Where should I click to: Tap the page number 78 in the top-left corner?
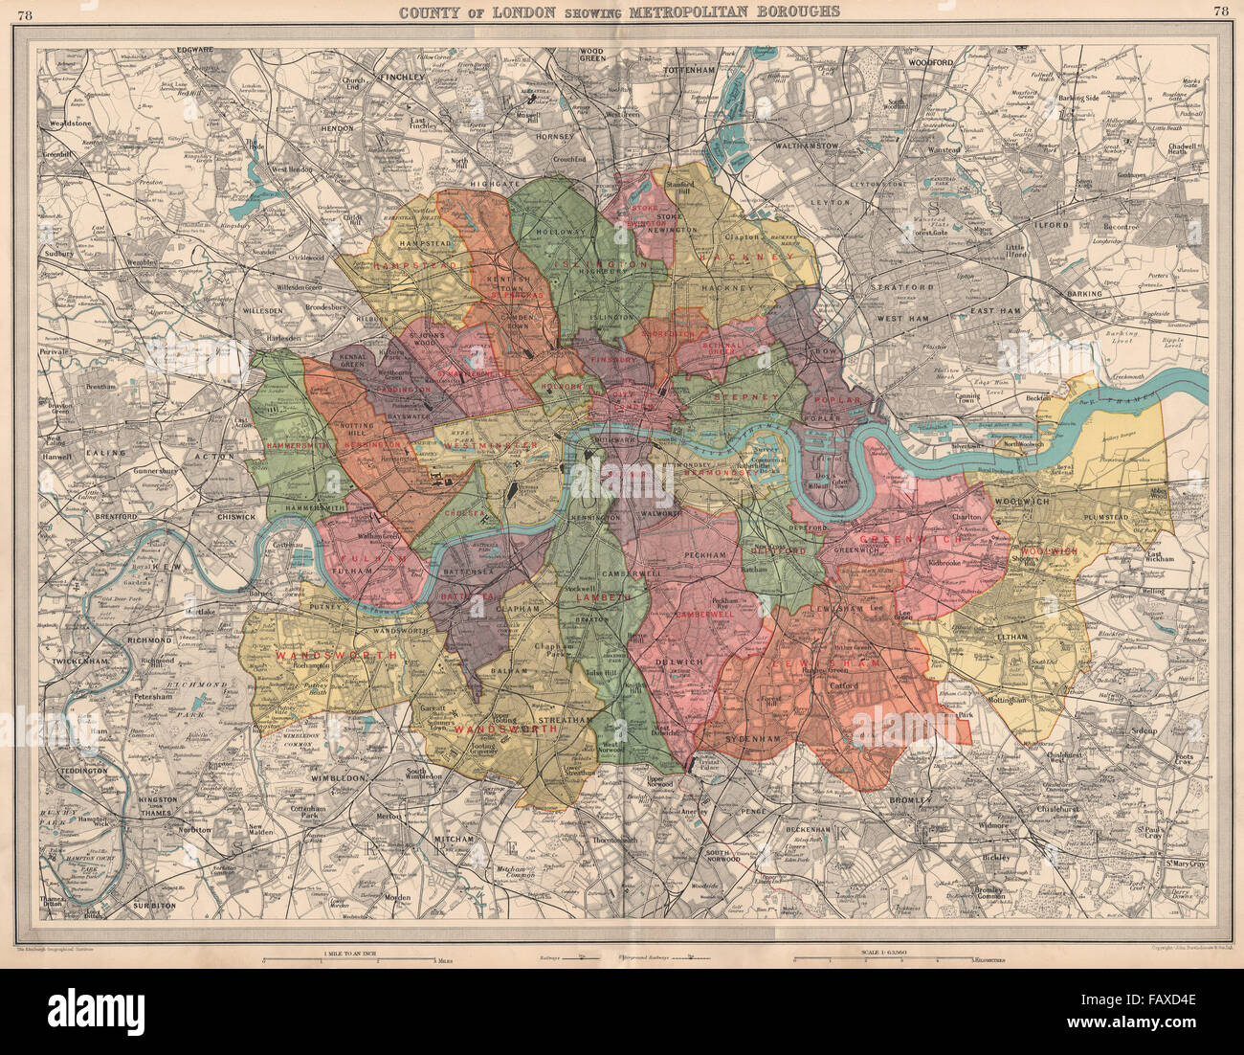point(24,11)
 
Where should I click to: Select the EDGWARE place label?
point(194,50)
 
